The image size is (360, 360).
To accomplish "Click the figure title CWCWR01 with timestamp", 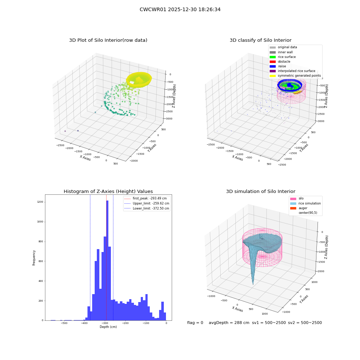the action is [x=180, y=9].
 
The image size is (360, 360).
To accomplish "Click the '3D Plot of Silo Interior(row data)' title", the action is [x=108, y=40].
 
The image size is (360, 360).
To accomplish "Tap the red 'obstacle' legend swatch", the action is [x=273, y=62].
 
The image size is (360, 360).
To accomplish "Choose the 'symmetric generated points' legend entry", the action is [x=295, y=76].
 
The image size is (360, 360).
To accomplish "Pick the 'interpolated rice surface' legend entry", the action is [x=292, y=71].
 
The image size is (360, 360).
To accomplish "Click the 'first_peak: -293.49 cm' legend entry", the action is [x=145, y=198].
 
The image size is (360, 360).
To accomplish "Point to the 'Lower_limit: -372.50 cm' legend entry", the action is [x=147, y=208].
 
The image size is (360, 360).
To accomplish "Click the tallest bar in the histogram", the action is [x=107, y=260].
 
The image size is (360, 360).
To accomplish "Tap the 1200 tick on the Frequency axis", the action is [x=40, y=202].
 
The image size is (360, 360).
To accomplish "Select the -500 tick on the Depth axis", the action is [x=64, y=323].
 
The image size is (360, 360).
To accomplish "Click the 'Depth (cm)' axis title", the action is [x=108, y=327].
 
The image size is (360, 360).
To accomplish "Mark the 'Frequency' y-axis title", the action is [x=34, y=258].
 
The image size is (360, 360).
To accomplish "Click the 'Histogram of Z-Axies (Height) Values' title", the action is [x=108, y=192].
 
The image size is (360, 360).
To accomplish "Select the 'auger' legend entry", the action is [x=299, y=208].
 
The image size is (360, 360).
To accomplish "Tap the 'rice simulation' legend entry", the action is [x=305, y=203].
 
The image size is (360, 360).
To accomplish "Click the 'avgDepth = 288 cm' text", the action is [x=229, y=323].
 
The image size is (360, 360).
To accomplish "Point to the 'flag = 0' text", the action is [x=195, y=323].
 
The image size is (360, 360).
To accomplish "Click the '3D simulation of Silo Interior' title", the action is [x=261, y=192].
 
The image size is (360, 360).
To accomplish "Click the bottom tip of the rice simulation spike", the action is [x=253, y=285].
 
